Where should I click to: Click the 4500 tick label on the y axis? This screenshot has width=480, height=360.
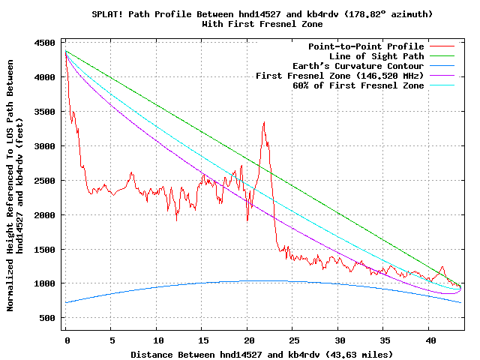click(46, 43)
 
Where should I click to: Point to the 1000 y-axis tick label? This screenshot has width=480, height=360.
click(46, 283)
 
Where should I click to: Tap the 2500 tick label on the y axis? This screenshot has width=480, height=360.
click(46, 181)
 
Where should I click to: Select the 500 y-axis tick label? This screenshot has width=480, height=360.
click(49, 318)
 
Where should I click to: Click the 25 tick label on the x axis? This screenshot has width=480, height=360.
click(293, 340)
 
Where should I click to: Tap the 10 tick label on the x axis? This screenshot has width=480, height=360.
click(157, 340)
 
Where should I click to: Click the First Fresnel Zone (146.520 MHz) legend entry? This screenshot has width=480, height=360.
click(340, 76)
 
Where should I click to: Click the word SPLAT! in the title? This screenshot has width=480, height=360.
click(109, 14)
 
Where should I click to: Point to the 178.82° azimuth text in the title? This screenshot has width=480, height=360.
click(382, 14)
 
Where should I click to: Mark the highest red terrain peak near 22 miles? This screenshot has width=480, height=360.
click(263, 122)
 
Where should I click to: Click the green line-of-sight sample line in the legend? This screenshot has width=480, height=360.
click(442, 56)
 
